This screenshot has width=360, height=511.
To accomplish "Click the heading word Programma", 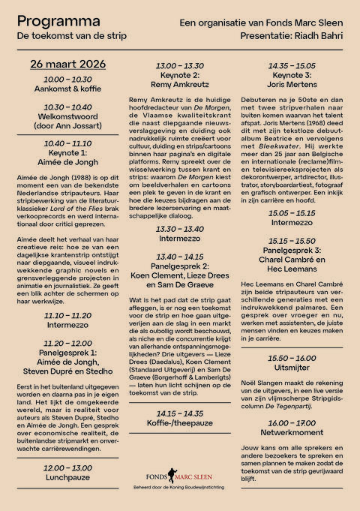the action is (50, 21).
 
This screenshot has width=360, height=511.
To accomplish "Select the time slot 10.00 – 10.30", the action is (67, 79).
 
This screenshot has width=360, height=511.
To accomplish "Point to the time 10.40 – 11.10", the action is (67, 143).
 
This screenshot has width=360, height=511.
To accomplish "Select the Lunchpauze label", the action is (67, 477).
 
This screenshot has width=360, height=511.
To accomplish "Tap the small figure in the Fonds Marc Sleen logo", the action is (169, 478).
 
